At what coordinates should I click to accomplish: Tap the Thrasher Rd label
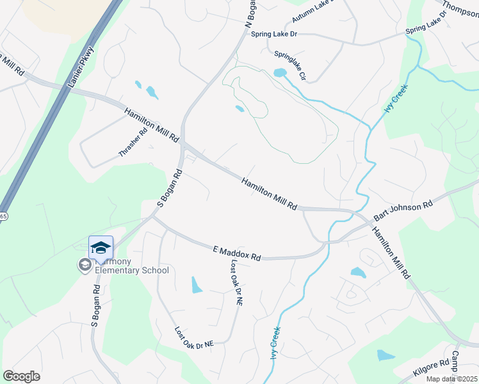[133, 142]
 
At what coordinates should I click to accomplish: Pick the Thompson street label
[460, 7]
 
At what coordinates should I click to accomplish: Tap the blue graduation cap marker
[101, 248]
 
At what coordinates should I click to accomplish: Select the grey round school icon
[84, 264]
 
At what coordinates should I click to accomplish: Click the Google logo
[21, 376]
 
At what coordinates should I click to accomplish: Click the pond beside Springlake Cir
[279, 73]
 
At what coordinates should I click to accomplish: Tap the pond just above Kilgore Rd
[386, 355]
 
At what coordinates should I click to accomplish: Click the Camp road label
[457, 362]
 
